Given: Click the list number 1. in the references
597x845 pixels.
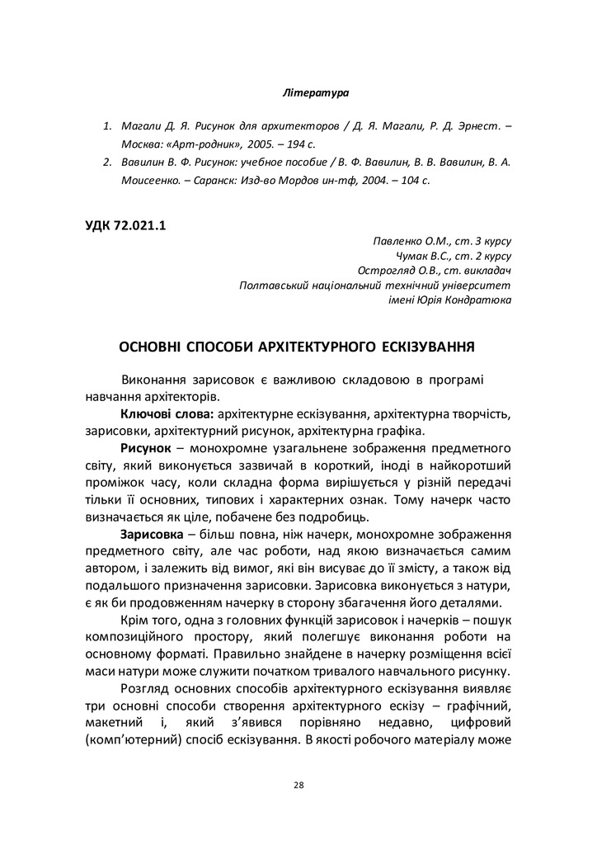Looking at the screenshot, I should click(x=107, y=127).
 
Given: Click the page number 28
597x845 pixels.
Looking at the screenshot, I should click(x=298, y=785).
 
